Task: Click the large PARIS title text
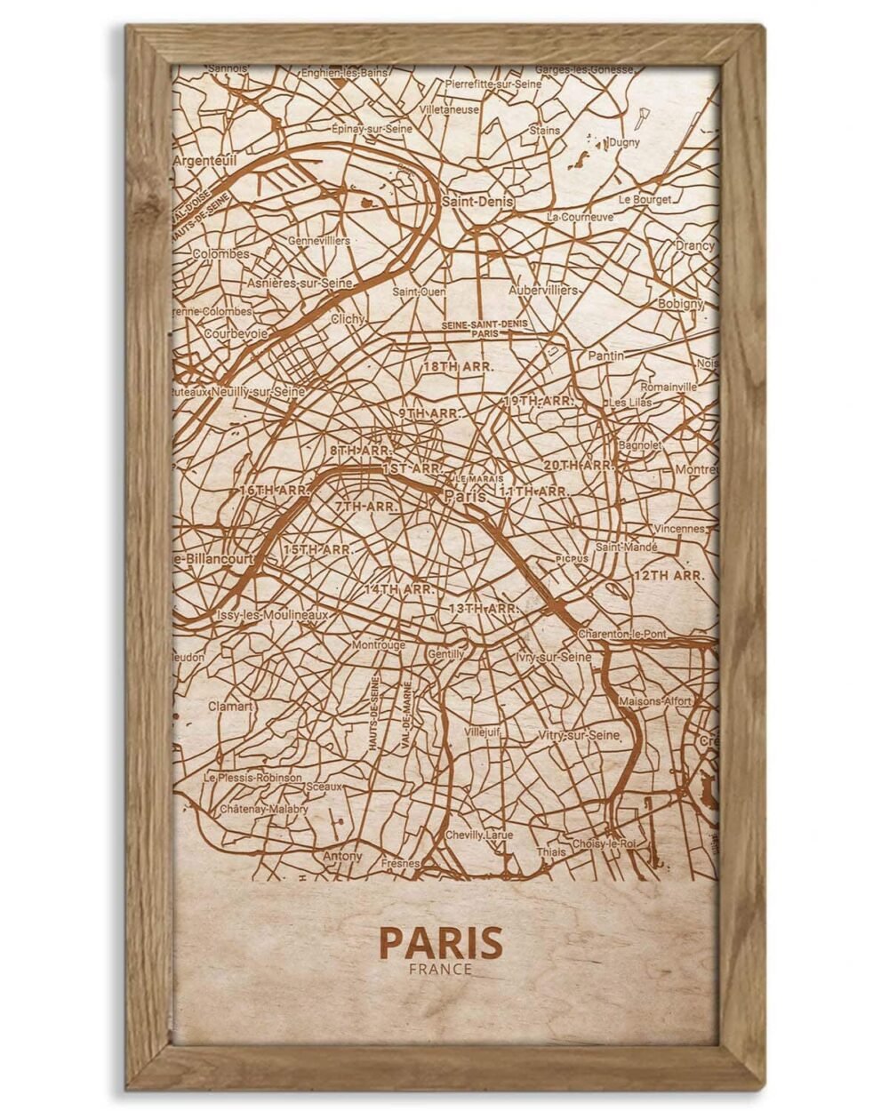point(440,942)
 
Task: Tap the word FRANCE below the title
point(440,969)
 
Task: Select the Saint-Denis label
point(477,202)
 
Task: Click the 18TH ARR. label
point(458,366)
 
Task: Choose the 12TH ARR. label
point(669,575)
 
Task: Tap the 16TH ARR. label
point(274,490)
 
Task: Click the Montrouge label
point(378,645)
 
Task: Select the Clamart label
point(230,707)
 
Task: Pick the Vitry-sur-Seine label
point(578,736)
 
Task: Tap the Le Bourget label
point(645,200)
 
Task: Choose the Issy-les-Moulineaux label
point(272,615)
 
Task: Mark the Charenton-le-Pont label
point(621,635)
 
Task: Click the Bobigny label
point(680,303)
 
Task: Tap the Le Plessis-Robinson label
point(252,777)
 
